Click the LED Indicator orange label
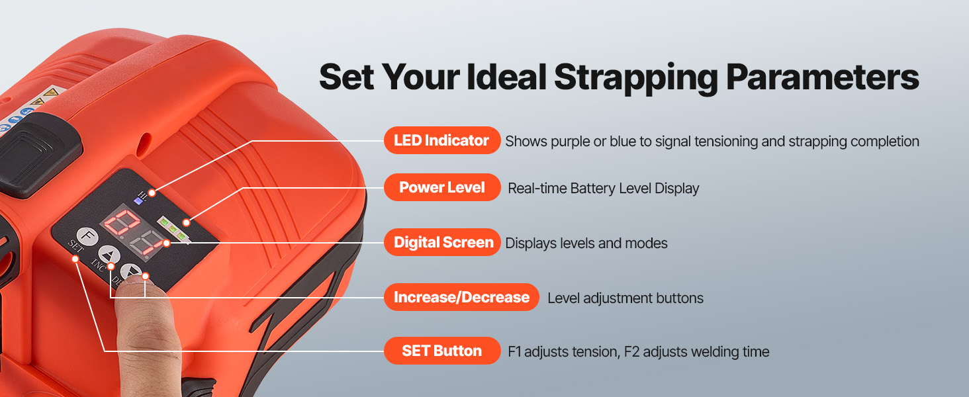point(441,140)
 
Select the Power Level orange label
point(441,187)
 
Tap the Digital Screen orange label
point(441,242)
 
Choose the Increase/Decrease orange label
point(461,297)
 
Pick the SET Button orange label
point(441,351)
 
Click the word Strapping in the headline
point(636,78)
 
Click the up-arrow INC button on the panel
point(109,255)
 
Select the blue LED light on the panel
point(138,201)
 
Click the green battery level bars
point(173,228)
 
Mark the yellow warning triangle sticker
point(50,92)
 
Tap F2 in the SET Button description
point(631,351)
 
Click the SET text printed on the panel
point(75,246)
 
